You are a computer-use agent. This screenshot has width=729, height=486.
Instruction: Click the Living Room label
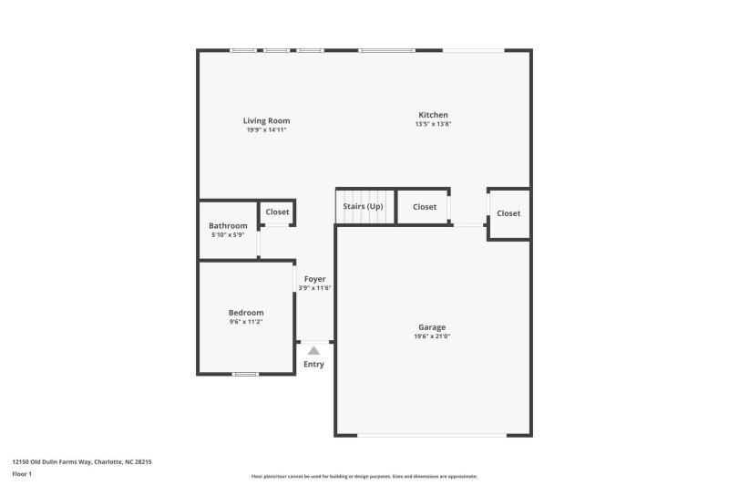click(x=266, y=120)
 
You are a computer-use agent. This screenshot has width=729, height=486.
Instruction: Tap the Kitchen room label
click(x=433, y=115)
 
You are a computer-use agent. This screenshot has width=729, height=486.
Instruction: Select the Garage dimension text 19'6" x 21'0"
click(x=432, y=336)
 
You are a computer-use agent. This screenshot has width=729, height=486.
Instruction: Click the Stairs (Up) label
click(x=363, y=207)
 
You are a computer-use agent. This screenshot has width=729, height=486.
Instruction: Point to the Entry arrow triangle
click(x=313, y=349)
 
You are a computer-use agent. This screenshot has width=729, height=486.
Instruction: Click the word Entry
click(x=313, y=365)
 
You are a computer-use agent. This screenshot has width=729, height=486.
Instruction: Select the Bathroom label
click(x=228, y=226)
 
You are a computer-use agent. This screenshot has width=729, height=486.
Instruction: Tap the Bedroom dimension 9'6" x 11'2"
click(x=246, y=322)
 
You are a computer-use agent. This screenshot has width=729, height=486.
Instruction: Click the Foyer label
click(x=314, y=279)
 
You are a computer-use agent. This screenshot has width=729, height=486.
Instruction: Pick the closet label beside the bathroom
click(x=277, y=212)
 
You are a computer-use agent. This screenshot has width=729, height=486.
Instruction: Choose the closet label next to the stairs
click(x=425, y=207)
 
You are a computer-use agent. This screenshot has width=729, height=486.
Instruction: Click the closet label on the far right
click(x=508, y=213)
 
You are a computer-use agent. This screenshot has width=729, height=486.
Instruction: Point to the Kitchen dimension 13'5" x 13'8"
click(x=433, y=124)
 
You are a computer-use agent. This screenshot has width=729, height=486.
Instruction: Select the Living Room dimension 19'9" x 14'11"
click(x=266, y=129)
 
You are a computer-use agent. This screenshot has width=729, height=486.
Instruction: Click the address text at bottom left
click(x=81, y=462)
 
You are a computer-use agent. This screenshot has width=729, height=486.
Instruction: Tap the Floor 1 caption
click(x=23, y=474)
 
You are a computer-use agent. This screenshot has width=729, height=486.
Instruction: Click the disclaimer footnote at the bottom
click(x=364, y=476)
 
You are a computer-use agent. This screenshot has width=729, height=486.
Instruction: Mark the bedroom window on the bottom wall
click(x=246, y=374)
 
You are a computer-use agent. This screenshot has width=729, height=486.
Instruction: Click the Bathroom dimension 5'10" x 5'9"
click(x=228, y=235)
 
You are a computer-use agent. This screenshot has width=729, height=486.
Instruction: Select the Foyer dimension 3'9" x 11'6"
click(x=314, y=288)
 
